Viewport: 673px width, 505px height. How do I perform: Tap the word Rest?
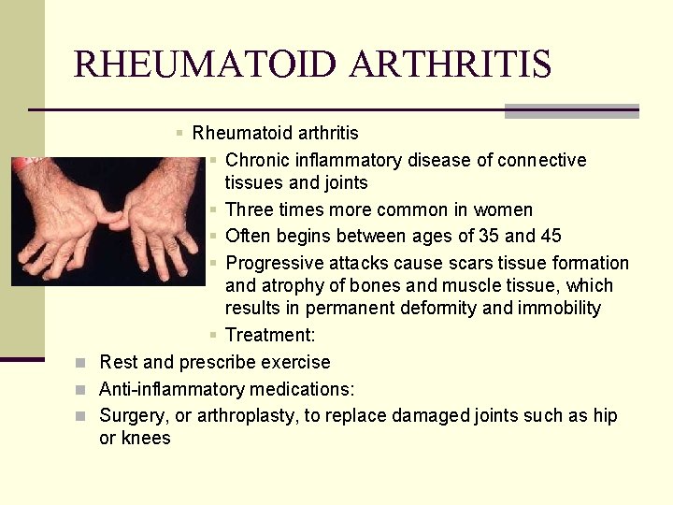[x=118, y=362]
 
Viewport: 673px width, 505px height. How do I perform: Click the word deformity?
[x=463, y=308]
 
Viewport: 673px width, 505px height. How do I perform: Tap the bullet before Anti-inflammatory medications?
[x=81, y=389]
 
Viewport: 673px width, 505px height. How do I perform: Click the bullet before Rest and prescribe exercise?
[x=81, y=362]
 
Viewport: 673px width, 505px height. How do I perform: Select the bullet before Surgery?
[x=81, y=415]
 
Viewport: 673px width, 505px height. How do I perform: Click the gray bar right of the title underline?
[x=571, y=111]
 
